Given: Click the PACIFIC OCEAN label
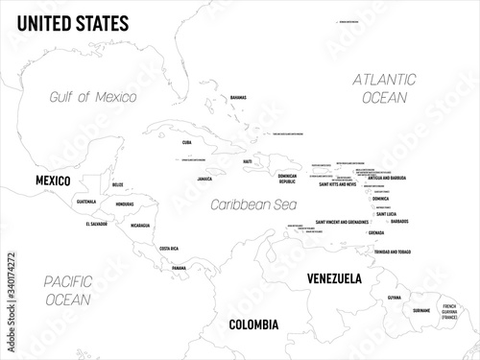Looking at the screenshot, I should [59, 291].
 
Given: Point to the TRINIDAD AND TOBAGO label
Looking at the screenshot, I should [396, 252].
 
